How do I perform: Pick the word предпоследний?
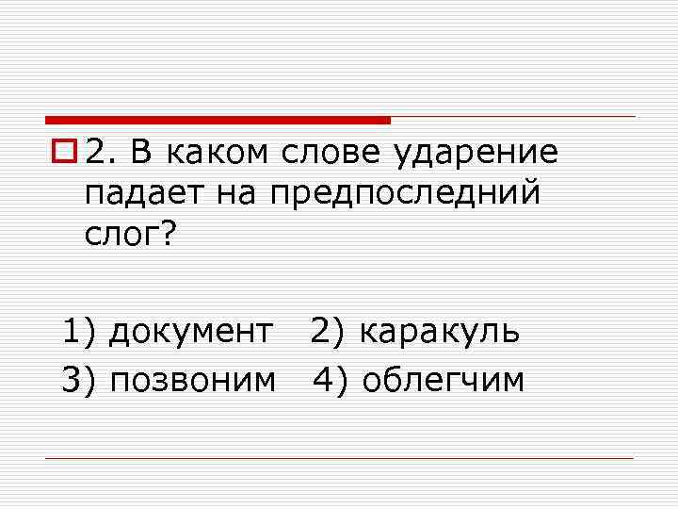tap(406, 195)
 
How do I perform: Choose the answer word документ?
tap(193, 332)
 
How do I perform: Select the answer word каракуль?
tap(439, 332)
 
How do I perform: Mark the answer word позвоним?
tap(193, 380)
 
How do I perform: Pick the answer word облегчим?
tap(443, 380)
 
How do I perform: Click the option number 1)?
tap(81, 332)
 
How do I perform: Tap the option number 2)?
tap(330, 332)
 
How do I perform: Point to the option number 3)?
tap(81, 380)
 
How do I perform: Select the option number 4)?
tap(332, 380)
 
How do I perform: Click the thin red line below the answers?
tap(339, 459)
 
